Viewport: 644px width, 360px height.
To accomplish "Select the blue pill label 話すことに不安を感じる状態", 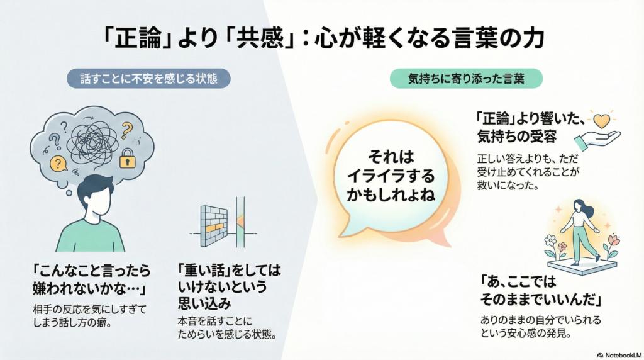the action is coord(148,78).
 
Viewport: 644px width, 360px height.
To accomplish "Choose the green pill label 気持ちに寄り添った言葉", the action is coord(466,78).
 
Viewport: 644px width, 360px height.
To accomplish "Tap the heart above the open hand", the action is coord(602,121).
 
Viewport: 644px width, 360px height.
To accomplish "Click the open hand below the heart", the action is coord(598,140).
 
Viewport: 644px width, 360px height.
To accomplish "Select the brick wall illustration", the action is coord(214,225).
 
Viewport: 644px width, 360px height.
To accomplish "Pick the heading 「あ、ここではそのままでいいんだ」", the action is coord(540,291).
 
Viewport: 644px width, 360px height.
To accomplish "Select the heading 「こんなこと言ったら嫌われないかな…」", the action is coord(91,279).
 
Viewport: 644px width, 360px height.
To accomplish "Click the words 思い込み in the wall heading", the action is coord(204,303).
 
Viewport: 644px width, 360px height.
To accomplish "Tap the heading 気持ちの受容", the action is coord(517,137).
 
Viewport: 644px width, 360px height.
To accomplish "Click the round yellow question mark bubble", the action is coord(58,164).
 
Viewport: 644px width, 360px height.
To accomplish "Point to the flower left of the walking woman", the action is coord(550,241).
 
